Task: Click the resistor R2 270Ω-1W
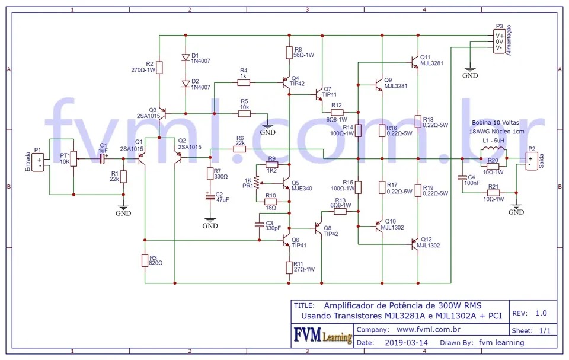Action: coord(159,67)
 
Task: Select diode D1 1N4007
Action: coord(186,58)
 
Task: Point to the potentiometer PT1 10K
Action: coord(73,157)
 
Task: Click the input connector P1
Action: coord(40,161)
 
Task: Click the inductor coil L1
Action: coord(493,149)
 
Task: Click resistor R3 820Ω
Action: coord(144,260)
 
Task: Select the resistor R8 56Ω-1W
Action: coord(289,52)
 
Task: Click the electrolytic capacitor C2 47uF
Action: coord(209,197)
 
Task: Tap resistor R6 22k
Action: coord(239,149)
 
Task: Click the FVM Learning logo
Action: coord(322,336)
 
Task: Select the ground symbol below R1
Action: coord(123,208)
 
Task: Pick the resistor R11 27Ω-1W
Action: coord(289,267)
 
